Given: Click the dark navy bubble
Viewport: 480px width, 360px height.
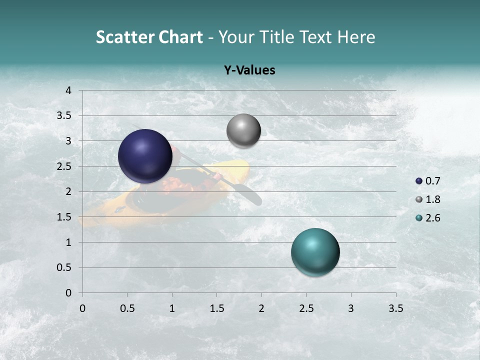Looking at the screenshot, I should point(145,156).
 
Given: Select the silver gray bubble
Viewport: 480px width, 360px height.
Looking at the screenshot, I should point(243,131).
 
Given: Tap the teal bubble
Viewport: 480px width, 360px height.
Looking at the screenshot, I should point(315,252).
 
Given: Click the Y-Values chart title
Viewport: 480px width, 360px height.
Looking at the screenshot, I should point(249,70).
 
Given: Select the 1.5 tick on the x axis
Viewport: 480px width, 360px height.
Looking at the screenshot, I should point(216,308).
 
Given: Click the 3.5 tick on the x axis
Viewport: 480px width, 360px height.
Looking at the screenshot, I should point(395,308).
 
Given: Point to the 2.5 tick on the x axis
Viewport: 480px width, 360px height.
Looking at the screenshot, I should point(306,308).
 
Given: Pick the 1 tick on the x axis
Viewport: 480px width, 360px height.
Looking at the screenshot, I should point(172,308).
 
